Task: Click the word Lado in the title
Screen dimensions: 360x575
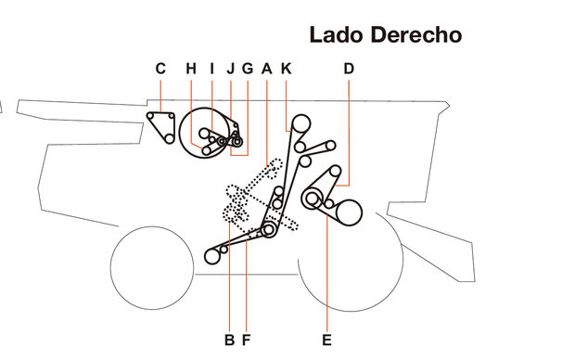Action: tap(337, 36)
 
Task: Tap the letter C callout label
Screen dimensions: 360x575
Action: tap(160, 68)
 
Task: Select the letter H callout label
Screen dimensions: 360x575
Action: tap(191, 68)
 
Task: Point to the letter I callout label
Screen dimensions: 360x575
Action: tap(211, 68)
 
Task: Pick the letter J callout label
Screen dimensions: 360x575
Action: tap(230, 68)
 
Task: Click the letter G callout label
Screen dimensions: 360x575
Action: tap(248, 68)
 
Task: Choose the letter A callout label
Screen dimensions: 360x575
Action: tap(267, 68)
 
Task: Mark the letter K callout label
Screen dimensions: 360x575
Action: tap(286, 68)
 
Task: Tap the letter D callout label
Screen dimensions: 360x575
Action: tap(349, 68)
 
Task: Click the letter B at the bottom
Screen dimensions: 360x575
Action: tap(228, 340)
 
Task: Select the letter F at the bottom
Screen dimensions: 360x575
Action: tap(246, 340)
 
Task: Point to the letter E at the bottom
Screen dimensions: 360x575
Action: tap(326, 340)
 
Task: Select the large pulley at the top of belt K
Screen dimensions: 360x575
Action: tap(300, 123)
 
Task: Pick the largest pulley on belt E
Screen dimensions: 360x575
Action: tap(349, 212)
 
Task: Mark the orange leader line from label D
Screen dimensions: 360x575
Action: tap(349, 130)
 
